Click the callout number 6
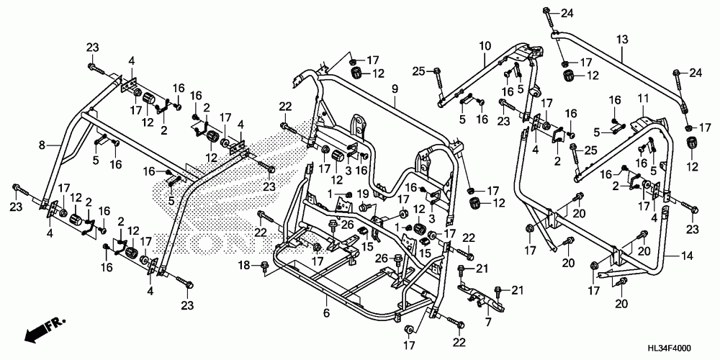(326, 313)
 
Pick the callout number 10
(485, 46)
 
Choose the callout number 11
(643, 98)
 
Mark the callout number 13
(622, 40)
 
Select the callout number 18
(244, 265)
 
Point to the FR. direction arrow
(45, 330)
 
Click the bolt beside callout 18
(265, 267)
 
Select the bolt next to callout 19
(363, 207)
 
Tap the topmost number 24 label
(567, 14)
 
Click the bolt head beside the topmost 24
(546, 10)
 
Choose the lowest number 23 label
(187, 305)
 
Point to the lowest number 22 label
(459, 342)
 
